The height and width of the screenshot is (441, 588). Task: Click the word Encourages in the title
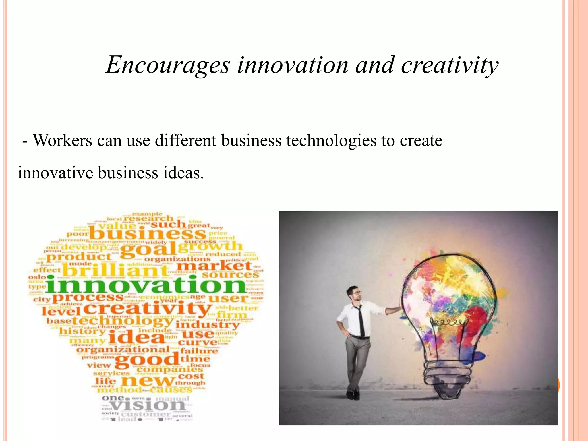pyautogui.click(x=168, y=65)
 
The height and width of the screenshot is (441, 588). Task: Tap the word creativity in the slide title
pyautogui.click(x=450, y=65)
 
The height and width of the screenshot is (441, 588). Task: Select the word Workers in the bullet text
pyautogui.click(x=63, y=141)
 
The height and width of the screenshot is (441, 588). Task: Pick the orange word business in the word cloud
pyautogui.click(x=148, y=233)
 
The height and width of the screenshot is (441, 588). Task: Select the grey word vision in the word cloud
pyautogui.click(x=148, y=405)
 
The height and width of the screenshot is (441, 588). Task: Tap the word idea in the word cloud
pyautogui.click(x=137, y=336)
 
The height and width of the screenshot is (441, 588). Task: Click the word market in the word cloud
pyautogui.click(x=214, y=266)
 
